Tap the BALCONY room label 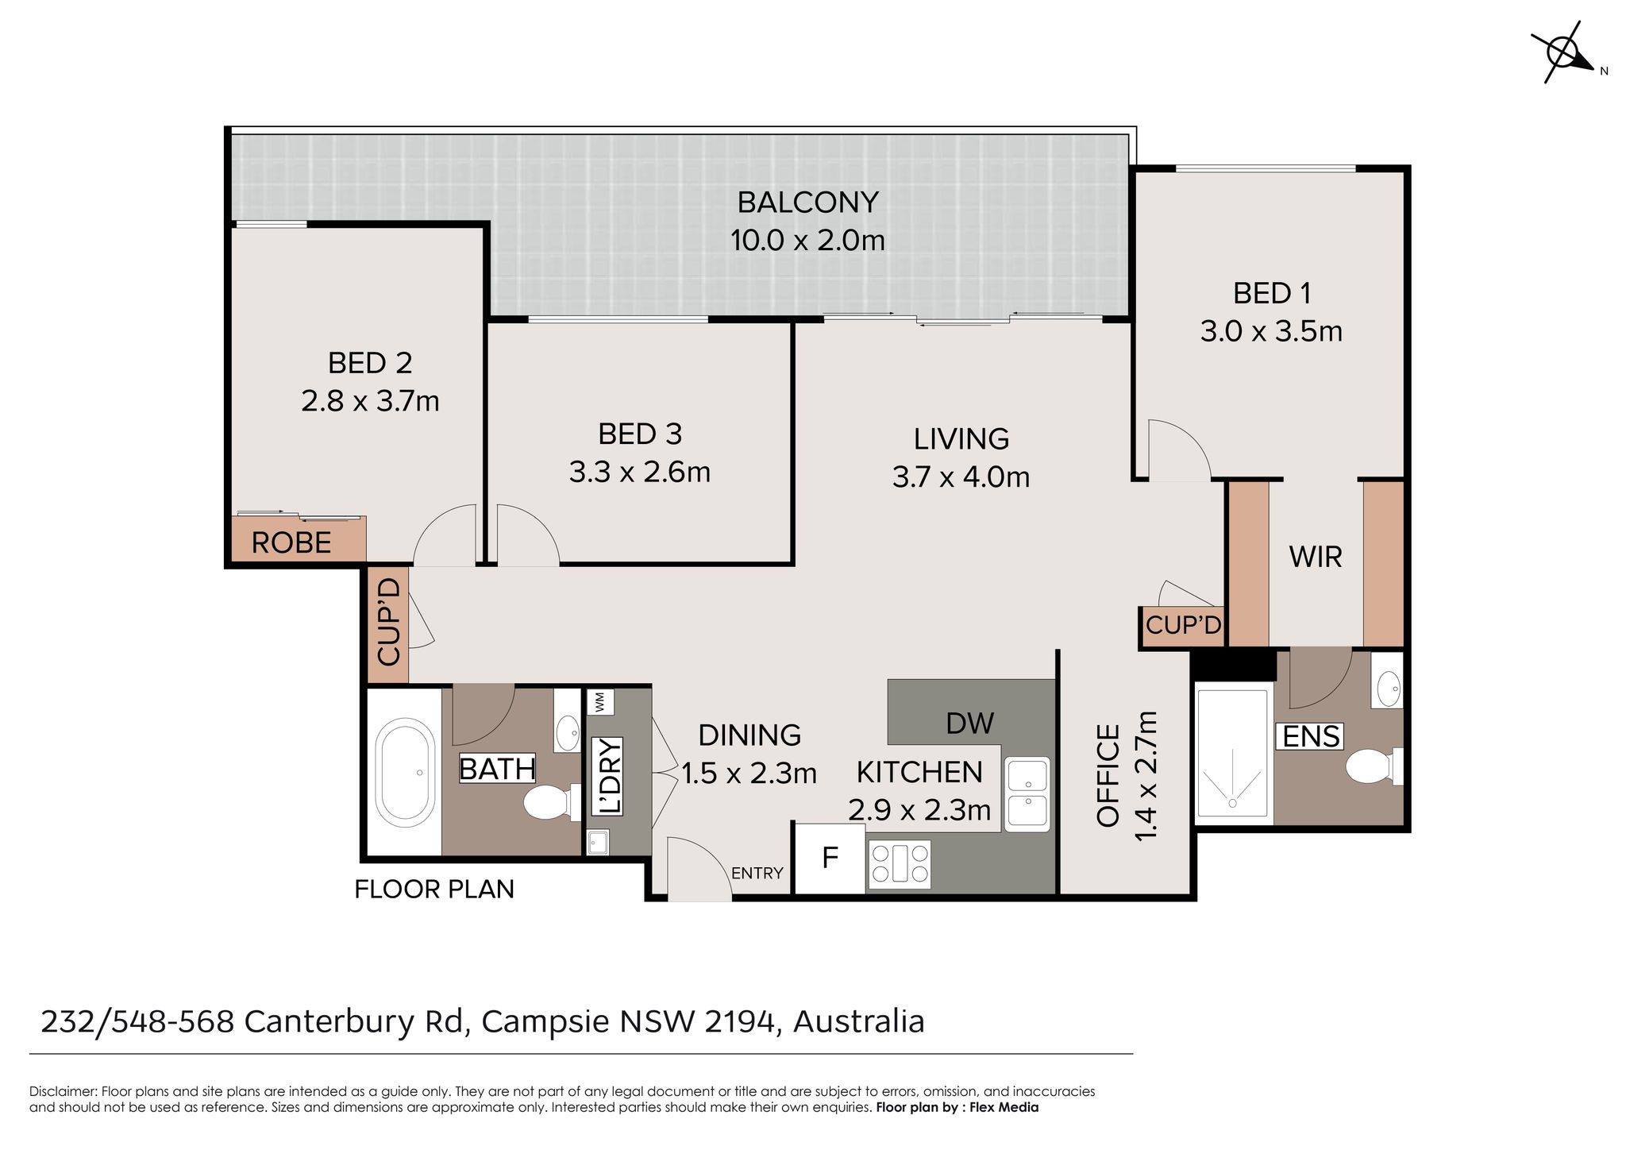click(807, 203)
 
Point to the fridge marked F click(830, 858)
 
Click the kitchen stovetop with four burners click(900, 863)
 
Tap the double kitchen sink click(1027, 793)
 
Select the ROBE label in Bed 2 click(291, 543)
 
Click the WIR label click(1316, 557)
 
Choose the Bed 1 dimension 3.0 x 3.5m click(1270, 331)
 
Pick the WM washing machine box click(599, 702)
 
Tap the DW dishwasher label click(969, 723)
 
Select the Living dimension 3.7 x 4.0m click(961, 477)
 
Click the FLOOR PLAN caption click(433, 889)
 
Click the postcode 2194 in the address click(739, 1021)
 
